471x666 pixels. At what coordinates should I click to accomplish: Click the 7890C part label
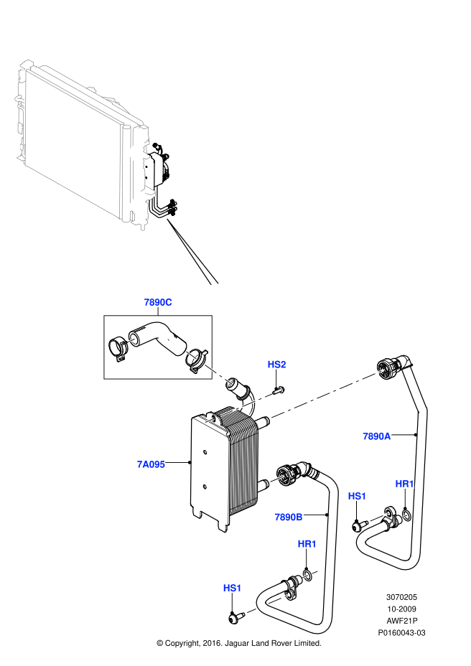click(157, 302)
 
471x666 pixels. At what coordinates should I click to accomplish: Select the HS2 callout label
click(276, 365)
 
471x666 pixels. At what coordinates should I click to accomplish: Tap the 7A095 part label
click(151, 464)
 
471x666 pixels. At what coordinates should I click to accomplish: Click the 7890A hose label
click(376, 436)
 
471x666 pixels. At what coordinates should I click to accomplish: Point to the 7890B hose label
click(288, 516)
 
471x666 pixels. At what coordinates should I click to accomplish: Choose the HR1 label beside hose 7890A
click(404, 484)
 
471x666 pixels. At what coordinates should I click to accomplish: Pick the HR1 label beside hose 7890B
click(307, 544)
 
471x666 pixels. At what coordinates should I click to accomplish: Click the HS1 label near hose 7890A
click(357, 496)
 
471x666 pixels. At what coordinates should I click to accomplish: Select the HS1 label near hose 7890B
click(232, 588)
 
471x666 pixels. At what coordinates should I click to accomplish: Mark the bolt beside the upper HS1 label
click(358, 526)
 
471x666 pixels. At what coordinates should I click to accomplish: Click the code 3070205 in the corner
click(401, 596)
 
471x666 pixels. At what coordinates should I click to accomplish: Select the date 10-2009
click(401, 609)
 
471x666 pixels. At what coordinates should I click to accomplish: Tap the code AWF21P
click(401, 621)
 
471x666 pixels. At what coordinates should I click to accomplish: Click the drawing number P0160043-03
click(401, 633)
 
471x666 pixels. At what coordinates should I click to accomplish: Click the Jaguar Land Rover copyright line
click(238, 644)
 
